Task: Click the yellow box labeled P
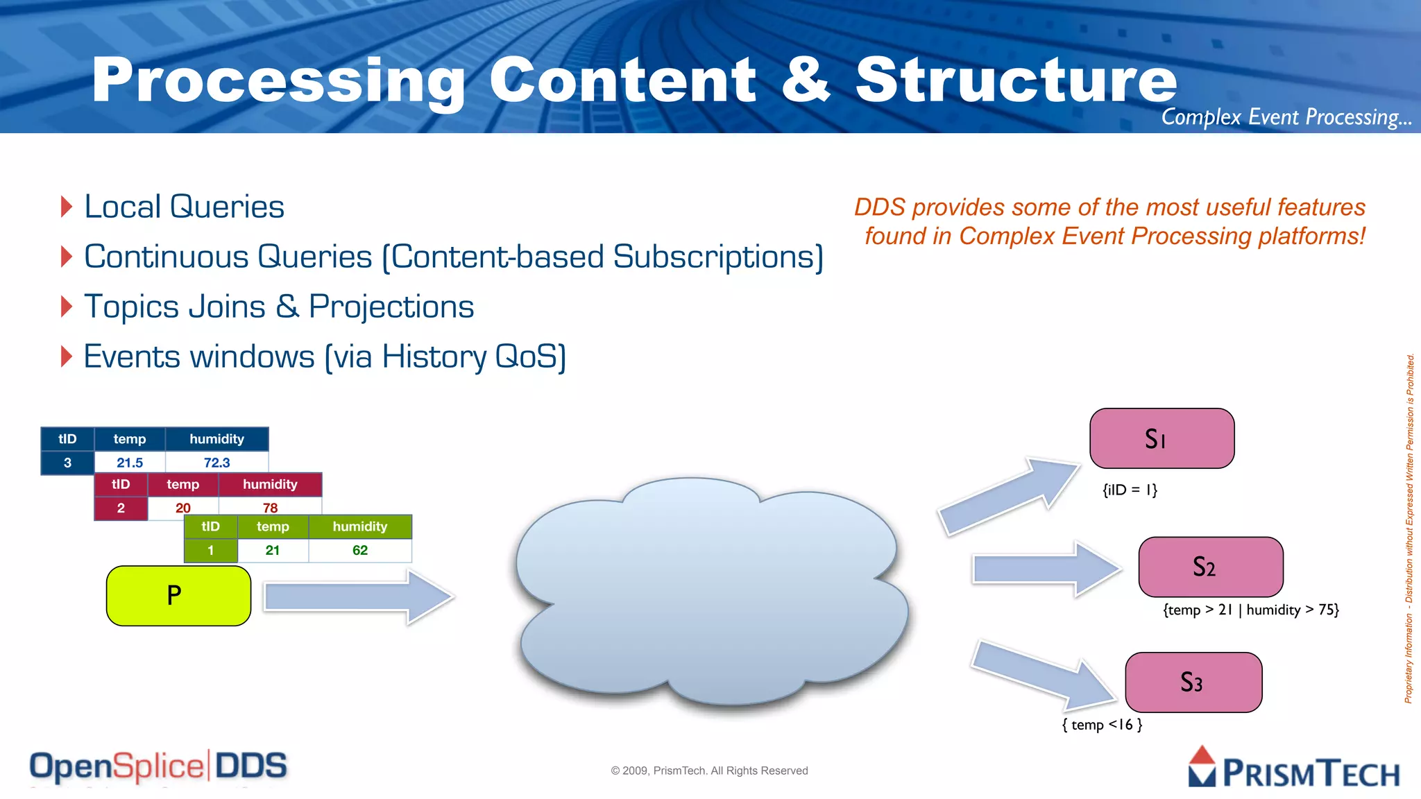pyautogui.click(x=178, y=596)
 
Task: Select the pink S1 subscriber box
pyautogui.click(x=1162, y=438)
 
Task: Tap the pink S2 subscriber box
pyautogui.click(x=1210, y=567)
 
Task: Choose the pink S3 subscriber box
pyautogui.click(x=1193, y=682)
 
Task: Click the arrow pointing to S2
pyautogui.click(x=1044, y=569)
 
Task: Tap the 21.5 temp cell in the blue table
pyautogui.click(x=130, y=463)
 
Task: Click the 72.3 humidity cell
pyautogui.click(x=216, y=463)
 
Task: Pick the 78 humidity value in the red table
pyautogui.click(x=270, y=508)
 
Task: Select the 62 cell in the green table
pyautogui.click(x=359, y=551)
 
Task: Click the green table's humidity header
pyautogui.click(x=359, y=526)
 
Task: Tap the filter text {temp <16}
pyautogui.click(x=1102, y=725)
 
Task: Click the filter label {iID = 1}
pyautogui.click(x=1130, y=490)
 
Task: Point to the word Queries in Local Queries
pyautogui.click(x=227, y=207)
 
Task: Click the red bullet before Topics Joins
pyautogui.click(x=67, y=307)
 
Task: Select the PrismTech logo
pyautogui.click(x=1293, y=768)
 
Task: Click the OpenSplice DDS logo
pyautogui.click(x=158, y=766)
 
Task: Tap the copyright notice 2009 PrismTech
pyautogui.click(x=709, y=771)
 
